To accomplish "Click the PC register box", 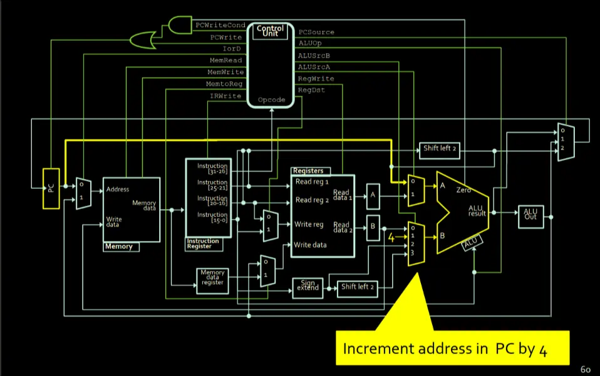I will [x=51, y=188].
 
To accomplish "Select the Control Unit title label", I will [x=270, y=31].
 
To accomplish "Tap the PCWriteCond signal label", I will [x=220, y=26].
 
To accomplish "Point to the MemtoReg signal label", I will [x=225, y=84].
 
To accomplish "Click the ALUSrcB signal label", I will [x=316, y=55].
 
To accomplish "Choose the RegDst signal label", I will [x=311, y=90].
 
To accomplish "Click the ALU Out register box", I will [x=530, y=213].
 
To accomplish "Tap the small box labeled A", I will [x=373, y=195].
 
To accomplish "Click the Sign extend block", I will [x=308, y=286].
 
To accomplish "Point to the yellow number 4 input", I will [x=391, y=237].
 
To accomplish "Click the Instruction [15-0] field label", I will [x=212, y=218].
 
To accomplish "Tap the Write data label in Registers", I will [x=310, y=245].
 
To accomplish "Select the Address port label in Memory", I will [x=118, y=189].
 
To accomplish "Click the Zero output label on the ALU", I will [x=463, y=189].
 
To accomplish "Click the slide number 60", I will [x=586, y=369].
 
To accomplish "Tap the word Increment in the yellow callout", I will [x=374, y=348].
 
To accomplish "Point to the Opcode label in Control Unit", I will [x=271, y=99].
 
